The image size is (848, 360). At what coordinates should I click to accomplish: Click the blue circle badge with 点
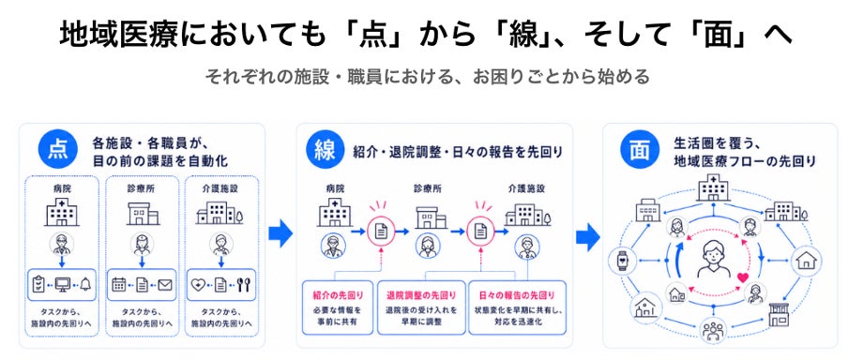pos(57,150)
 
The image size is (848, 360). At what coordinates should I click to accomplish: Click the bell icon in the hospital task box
pos(85,284)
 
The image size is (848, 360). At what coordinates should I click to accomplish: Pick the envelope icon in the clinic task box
pos(165,284)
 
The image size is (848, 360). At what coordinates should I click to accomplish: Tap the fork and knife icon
pos(243,284)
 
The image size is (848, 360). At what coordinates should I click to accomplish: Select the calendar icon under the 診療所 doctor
pos(118,284)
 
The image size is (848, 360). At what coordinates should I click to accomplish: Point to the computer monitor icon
pos(62,284)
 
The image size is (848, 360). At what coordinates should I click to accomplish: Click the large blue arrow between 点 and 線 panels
pos(280,234)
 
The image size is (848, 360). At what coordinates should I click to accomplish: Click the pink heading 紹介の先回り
pos(338,295)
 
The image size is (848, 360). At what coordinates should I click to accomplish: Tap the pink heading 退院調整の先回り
pos(421,295)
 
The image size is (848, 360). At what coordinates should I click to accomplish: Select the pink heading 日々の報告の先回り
pos(517,295)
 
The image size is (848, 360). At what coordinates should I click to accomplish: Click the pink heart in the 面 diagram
pos(742,277)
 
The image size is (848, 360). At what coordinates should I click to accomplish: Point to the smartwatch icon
pos(620,261)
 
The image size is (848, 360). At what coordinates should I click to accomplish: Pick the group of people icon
pos(713,330)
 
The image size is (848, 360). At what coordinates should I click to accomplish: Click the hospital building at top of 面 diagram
pos(713,188)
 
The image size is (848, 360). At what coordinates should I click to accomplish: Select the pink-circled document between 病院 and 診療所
pos(380,232)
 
